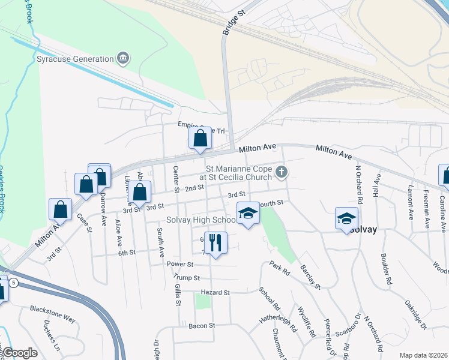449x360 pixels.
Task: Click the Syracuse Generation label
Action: pyautogui.click(x=75, y=59)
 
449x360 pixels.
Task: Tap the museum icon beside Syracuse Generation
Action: pyautogui.click(x=123, y=58)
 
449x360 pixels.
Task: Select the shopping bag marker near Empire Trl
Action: pyautogui.click(x=200, y=139)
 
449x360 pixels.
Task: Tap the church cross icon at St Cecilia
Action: pyautogui.click(x=281, y=173)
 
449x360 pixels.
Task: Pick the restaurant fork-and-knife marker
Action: pyautogui.click(x=215, y=243)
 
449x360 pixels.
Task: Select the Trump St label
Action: pyautogui.click(x=185, y=277)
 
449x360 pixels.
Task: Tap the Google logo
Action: pyautogui.click(x=20, y=353)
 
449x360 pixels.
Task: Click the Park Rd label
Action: pyautogui.click(x=279, y=268)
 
